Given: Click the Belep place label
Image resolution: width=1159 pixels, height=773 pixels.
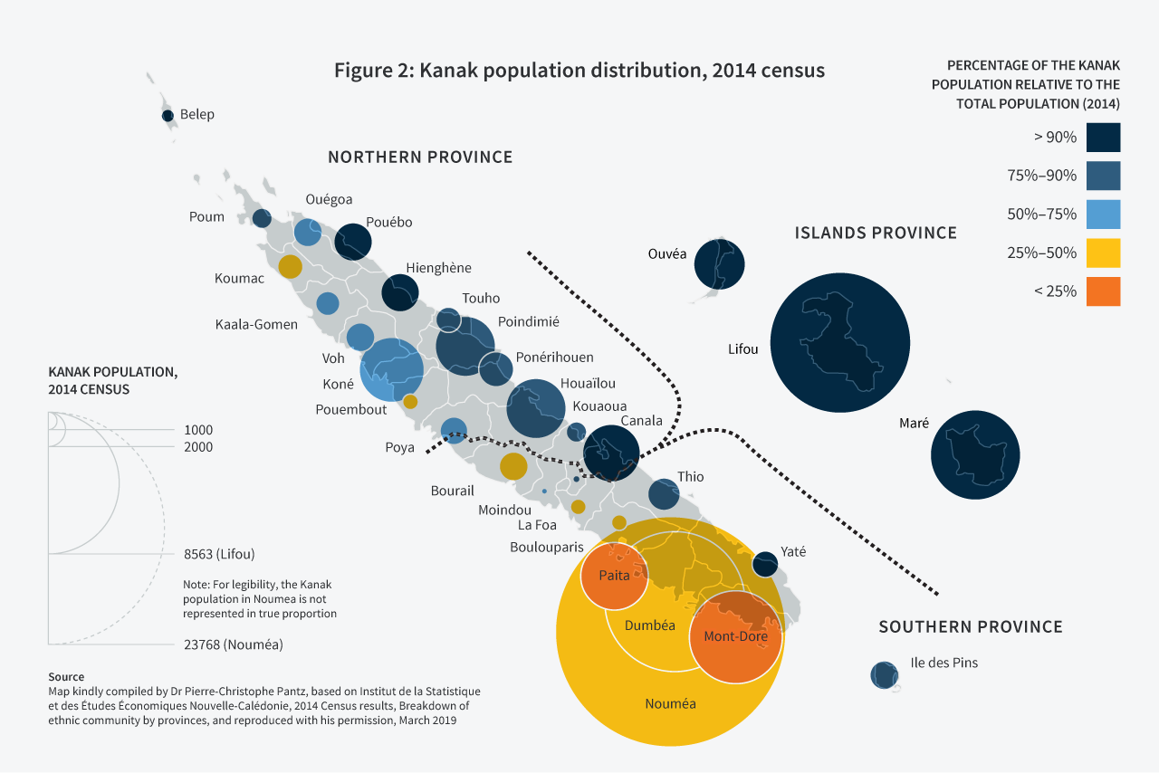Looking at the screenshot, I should (196, 115).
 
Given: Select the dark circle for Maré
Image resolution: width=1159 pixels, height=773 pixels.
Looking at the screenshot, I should (975, 455).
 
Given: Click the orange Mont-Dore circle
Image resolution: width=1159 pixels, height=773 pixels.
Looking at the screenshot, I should (735, 637).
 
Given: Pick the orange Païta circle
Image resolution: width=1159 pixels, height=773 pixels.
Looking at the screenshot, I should (614, 577).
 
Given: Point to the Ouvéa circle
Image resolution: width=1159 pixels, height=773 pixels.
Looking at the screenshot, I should (719, 265).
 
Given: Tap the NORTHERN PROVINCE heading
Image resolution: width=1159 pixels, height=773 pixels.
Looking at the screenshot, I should (420, 157).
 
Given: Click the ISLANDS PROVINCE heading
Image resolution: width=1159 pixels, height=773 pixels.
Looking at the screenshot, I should (876, 234).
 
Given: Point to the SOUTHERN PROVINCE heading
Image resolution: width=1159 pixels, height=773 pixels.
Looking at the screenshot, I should (971, 627).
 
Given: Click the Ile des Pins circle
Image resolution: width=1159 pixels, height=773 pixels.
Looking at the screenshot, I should (884, 674).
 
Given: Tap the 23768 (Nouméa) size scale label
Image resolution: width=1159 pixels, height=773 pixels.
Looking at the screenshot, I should (233, 645).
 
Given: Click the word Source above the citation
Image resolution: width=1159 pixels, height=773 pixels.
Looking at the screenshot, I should (66, 677).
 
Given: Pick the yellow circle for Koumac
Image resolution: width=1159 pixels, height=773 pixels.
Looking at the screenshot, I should (290, 266).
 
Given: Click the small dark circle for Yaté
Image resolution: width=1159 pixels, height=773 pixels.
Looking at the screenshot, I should (765, 563).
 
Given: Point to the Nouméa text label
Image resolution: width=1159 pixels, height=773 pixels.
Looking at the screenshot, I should (670, 703).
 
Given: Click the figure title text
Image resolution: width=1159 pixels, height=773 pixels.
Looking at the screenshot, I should (579, 71).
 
